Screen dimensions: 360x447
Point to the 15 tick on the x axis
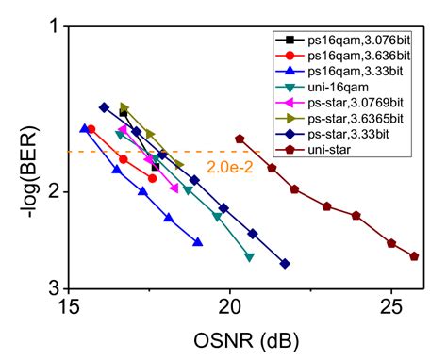(69, 307)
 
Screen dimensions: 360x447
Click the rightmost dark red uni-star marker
(414, 256)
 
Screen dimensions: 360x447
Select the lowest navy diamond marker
(285, 264)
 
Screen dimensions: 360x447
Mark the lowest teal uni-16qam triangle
(249, 257)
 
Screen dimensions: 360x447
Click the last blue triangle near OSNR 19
(197, 242)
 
